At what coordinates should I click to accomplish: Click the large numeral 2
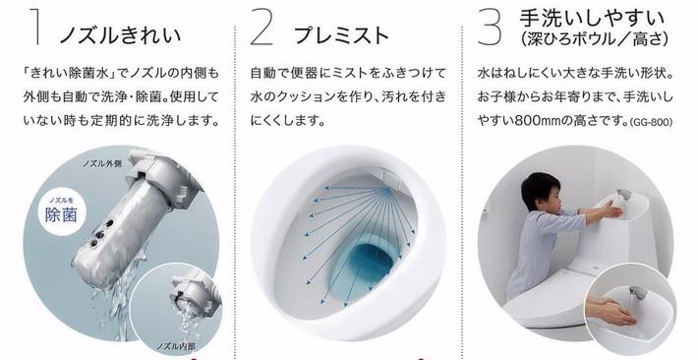(x=262, y=28)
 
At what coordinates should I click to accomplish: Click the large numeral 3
(x=490, y=28)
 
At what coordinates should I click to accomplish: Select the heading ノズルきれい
(x=120, y=35)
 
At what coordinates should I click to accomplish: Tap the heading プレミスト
(x=341, y=35)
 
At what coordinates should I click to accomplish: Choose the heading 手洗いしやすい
(x=592, y=19)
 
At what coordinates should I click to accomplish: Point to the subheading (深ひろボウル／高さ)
(x=594, y=39)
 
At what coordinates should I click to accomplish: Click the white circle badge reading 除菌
(x=61, y=210)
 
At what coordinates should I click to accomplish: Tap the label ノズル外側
(x=102, y=163)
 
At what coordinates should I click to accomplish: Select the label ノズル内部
(x=176, y=346)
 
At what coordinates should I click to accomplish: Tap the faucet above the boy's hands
(x=623, y=195)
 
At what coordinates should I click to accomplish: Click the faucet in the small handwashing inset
(x=637, y=294)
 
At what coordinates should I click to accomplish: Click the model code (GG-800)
(x=651, y=122)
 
